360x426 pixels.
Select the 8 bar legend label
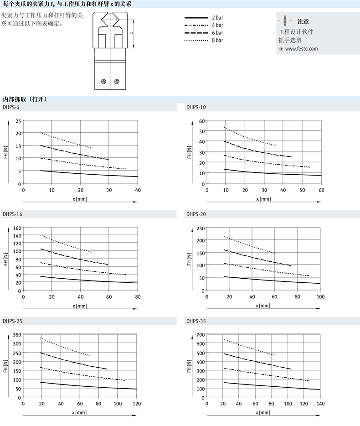(217, 41)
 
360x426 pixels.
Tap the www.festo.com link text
(301, 49)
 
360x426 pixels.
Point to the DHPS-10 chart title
(196, 107)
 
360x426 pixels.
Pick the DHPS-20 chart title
(196, 214)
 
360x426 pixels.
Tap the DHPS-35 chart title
(196, 321)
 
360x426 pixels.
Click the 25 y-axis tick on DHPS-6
(18, 121)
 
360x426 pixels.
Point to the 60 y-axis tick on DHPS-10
(202, 121)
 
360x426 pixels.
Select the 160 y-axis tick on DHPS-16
(17, 228)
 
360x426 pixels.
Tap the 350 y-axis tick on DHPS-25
(17, 335)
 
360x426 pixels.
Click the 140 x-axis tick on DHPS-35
(320, 404)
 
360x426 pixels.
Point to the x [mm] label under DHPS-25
(79, 413)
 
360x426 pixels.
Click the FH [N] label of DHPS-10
(189, 152)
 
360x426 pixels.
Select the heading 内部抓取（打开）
(25, 99)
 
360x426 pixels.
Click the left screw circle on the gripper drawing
(103, 82)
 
